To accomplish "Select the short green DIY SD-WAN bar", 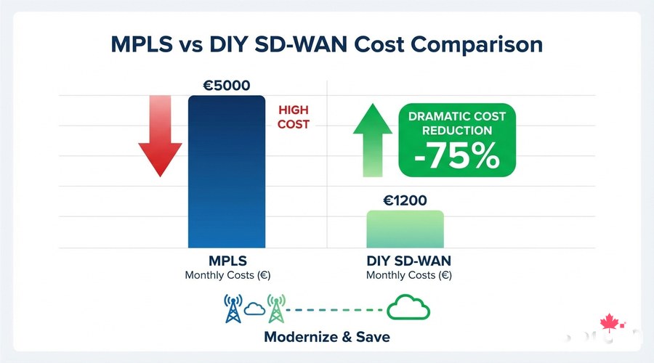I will tap(405, 230).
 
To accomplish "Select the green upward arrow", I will tap(372, 138).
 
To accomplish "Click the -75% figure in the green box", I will tap(457, 155).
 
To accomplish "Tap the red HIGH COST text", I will tap(293, 117).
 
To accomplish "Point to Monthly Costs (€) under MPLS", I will tap(227, 276).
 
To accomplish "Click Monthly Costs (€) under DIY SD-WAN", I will tap(408, 276).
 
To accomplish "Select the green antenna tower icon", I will tap(275, 308).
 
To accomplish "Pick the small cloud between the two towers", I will tap(254, 309).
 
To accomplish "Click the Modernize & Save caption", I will tap(327, 337).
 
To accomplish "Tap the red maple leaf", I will tap(608, 322).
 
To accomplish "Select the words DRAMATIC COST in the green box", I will tap(457, 116).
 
